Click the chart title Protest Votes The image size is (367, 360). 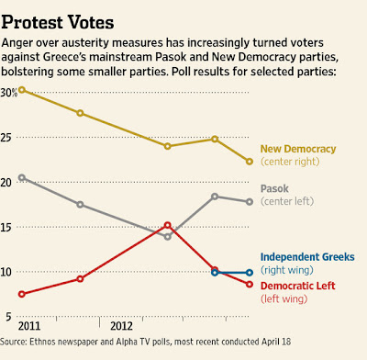(58, 23)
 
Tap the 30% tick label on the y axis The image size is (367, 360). (9, 93)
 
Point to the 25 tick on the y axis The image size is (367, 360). (6, 138)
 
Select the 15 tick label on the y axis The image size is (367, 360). (6, 227)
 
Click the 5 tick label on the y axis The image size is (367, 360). (8, 317)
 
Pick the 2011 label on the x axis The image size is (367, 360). (29, 326)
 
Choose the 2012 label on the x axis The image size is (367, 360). (121, 326)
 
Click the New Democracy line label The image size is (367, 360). (298, 149)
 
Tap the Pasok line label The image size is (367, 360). (274, 188)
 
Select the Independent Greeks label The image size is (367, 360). (307, 257)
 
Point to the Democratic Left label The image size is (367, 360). (298, 286)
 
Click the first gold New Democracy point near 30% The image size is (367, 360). (21, 90)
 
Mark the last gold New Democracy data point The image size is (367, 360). (250, 162)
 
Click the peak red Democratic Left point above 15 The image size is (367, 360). (167, 225)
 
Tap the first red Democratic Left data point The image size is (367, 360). (21, 294)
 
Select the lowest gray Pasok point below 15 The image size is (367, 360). (167, 237)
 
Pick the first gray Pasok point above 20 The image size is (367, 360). (21, 177)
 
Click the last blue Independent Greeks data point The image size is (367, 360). (250, 273)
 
